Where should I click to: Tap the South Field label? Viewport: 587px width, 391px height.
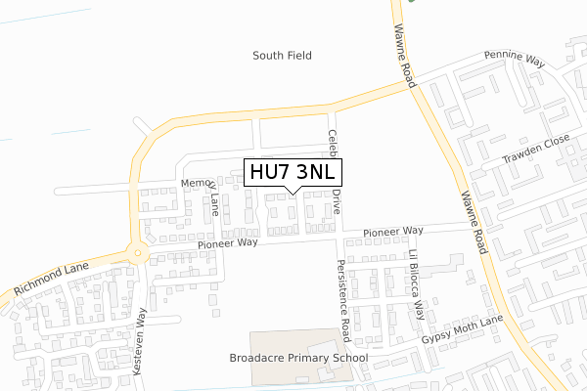[282, 56]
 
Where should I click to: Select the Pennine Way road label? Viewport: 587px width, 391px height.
[514, 60]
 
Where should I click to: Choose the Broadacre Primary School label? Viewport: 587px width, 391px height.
[297, 358]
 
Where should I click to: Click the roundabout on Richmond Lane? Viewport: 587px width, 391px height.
[138, 254]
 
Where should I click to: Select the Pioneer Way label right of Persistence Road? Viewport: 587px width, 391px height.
[392, 231]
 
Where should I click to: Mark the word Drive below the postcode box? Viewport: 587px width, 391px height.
[336, 202]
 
